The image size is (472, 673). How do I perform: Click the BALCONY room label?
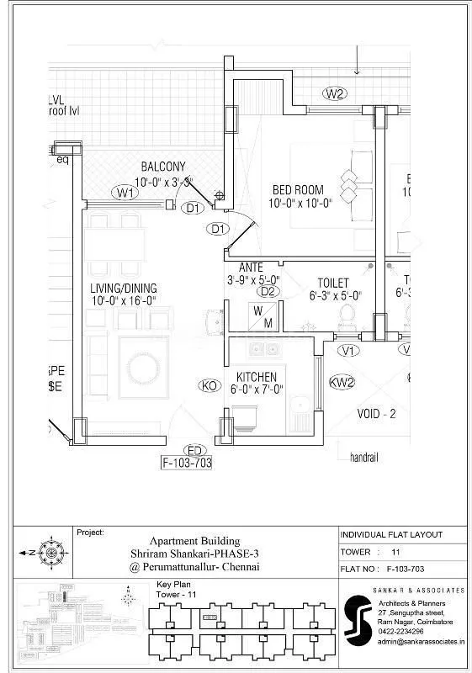163,167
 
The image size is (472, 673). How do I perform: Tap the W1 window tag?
126,193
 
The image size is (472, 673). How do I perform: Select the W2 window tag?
335,93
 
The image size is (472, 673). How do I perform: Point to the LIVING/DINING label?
124,289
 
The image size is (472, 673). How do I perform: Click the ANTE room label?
251,268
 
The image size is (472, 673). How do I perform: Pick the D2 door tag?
268,291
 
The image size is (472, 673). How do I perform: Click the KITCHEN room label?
257,376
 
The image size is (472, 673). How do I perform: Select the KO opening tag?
209,385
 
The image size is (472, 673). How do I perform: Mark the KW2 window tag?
342,381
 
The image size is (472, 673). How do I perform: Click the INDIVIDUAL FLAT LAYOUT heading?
391,535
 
